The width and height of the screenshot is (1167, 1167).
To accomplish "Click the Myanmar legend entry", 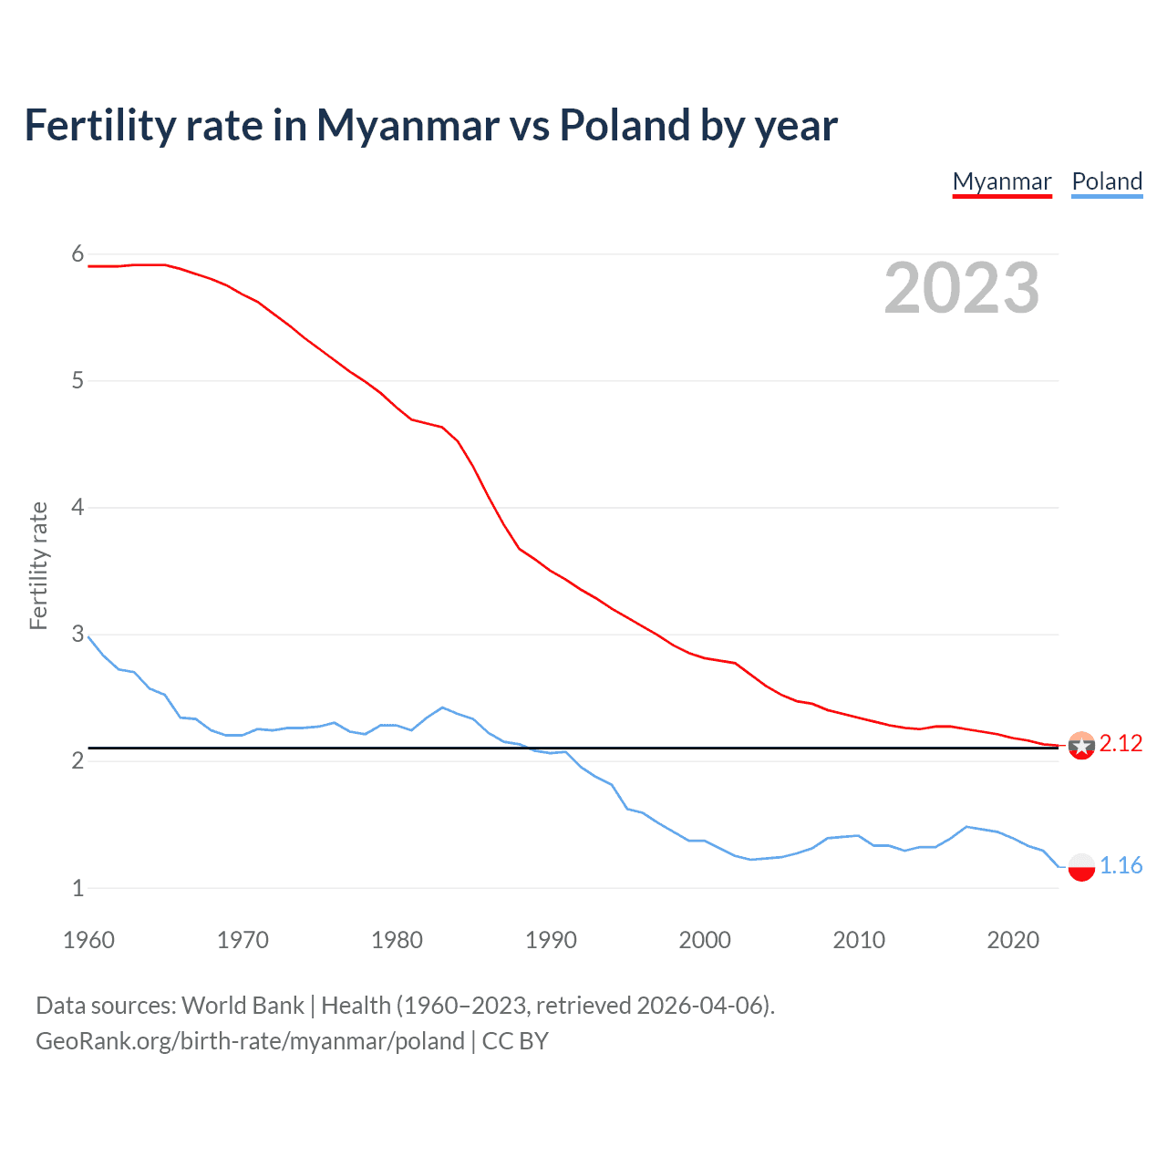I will [x=1002, y=181].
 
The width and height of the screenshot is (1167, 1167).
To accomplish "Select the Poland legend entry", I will [x=1107, y=181].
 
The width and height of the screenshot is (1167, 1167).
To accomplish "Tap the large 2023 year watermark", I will [x=962, y=288].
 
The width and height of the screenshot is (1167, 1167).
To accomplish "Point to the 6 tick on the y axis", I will [x=77, y=254].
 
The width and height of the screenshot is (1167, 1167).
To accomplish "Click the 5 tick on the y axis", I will [x=77, y=380].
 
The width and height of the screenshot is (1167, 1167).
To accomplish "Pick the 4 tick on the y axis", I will [x=77, y=507].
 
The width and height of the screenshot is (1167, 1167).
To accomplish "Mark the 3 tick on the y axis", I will [x=77, y=634].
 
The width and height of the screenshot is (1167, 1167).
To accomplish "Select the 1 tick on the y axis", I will [x=77, y=888].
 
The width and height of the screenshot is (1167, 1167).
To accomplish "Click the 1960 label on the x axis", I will [x=88, y=940].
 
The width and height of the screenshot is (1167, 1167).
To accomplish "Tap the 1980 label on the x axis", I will [x=397, y=940].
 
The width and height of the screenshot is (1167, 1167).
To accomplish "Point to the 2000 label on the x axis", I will [x=705, y=940].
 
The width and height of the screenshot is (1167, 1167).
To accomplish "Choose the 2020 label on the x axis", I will [x=1013, y=940].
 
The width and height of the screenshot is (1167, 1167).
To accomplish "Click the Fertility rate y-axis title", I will [x=38, y=565].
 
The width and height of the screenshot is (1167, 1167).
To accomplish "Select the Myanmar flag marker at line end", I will [x=1081, y=745].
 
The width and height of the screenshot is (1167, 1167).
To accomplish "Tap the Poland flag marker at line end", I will [x=1081, y=866].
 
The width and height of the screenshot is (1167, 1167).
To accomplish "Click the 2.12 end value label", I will [x=1121, y=744].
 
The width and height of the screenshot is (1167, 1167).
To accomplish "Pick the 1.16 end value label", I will [x=1121, y=866].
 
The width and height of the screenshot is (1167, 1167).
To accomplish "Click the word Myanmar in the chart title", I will [x=408, y=126].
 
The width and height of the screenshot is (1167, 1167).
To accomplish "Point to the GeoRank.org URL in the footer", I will [x=250, y=1041].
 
